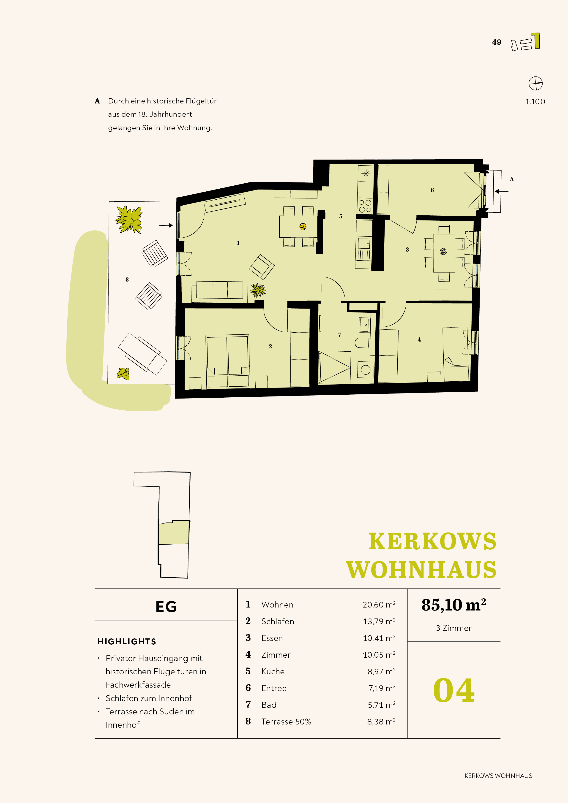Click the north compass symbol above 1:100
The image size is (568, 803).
tap(535, 84)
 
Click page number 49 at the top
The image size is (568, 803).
tap(497, 42)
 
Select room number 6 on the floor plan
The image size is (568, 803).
tap(432, 190)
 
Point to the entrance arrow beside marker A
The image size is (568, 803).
tap(502, 191)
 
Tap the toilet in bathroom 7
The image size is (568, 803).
tap(362, 343)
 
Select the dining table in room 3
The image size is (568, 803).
tap(444, 252)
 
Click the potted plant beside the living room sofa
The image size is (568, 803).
tap(258, 290)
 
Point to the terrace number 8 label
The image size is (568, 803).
tap(127, 279)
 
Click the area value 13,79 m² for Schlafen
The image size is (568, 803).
tap(379, 621)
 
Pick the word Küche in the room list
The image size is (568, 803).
tap(273, 672)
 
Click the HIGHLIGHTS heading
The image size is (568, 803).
tap(127, 641)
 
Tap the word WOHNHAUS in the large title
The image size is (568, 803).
tap(421, 570)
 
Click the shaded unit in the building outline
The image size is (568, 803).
tap(174, 532)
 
